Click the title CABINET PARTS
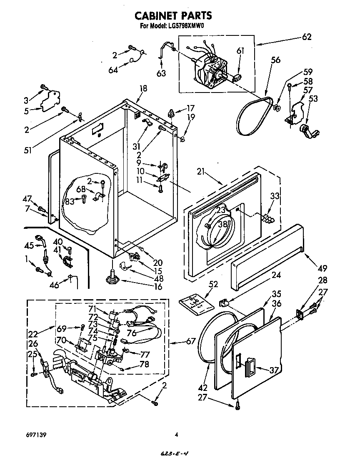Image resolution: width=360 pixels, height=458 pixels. click(173, 15)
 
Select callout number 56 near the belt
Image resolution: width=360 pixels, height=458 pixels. click(275, 60)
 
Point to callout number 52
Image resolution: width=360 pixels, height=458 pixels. click(213, 284)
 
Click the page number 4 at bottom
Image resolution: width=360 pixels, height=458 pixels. click(176, 435)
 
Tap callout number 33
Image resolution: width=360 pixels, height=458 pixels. click(275, 196)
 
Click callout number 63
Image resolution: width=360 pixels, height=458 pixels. click(161, 73)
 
